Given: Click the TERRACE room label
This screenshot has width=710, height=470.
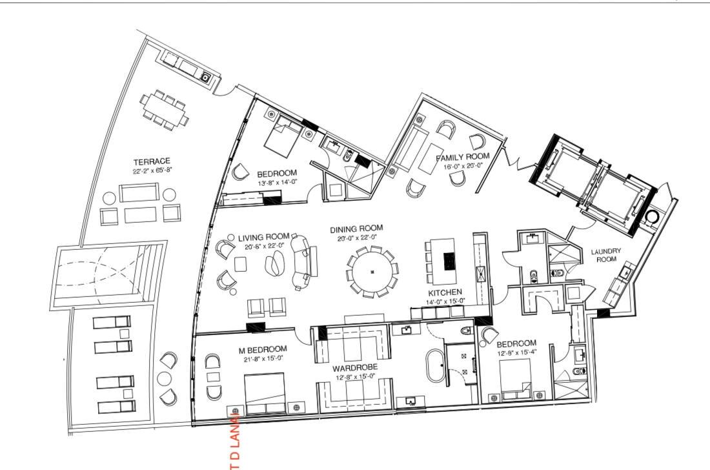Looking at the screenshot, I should pyautogui.click(x=152, y=161).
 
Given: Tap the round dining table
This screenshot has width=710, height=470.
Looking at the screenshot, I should pyautogui.click(x=372, y=272).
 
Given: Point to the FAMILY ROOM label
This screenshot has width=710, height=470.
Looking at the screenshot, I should pyautogui.click(x=462, y=157).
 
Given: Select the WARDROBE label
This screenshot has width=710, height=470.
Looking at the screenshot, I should pyautogui.click(x=354, y=367).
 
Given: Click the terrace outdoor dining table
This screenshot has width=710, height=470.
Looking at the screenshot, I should pyautogui.click(x=165, y=107).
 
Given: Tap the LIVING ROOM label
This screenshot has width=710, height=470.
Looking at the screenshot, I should pyautogui.click(x=263, y=237).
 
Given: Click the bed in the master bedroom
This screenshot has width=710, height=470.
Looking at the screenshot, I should pyautogui.click(x=265, y=393).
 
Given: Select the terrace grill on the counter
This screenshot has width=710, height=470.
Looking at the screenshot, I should pyautogui.click(x=206, y=77).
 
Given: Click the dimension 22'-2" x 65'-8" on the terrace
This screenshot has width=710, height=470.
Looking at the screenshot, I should pyautogui.click(x=152, y=171).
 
